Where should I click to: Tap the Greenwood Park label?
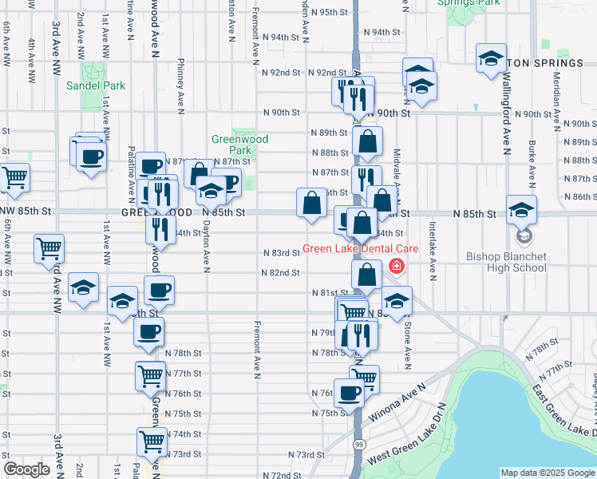point(239,144)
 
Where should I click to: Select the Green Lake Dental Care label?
point(360,249)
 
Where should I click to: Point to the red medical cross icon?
point(394,265)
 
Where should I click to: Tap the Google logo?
point(26,469)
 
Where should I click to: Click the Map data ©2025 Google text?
point(547,473)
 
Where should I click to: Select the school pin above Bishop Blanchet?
point(522,211)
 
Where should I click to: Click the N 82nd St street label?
point(280,272)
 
